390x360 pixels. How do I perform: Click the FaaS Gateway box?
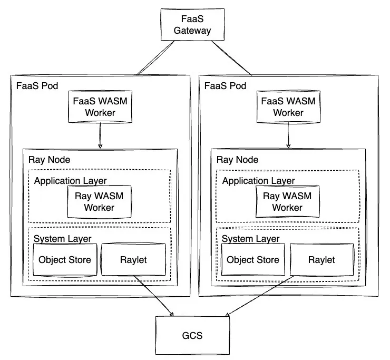(x=192, y=25)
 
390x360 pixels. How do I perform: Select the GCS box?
(x=192, y=335)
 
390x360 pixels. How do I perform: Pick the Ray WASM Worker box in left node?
(x=99, y=201)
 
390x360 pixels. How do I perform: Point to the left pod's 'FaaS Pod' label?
(x=35, y=85)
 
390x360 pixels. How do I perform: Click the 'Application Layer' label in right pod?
(x=258, y=181)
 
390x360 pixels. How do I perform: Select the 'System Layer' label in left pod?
(x=62, y=238)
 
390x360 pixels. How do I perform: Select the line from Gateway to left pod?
(x=154, y=57)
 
